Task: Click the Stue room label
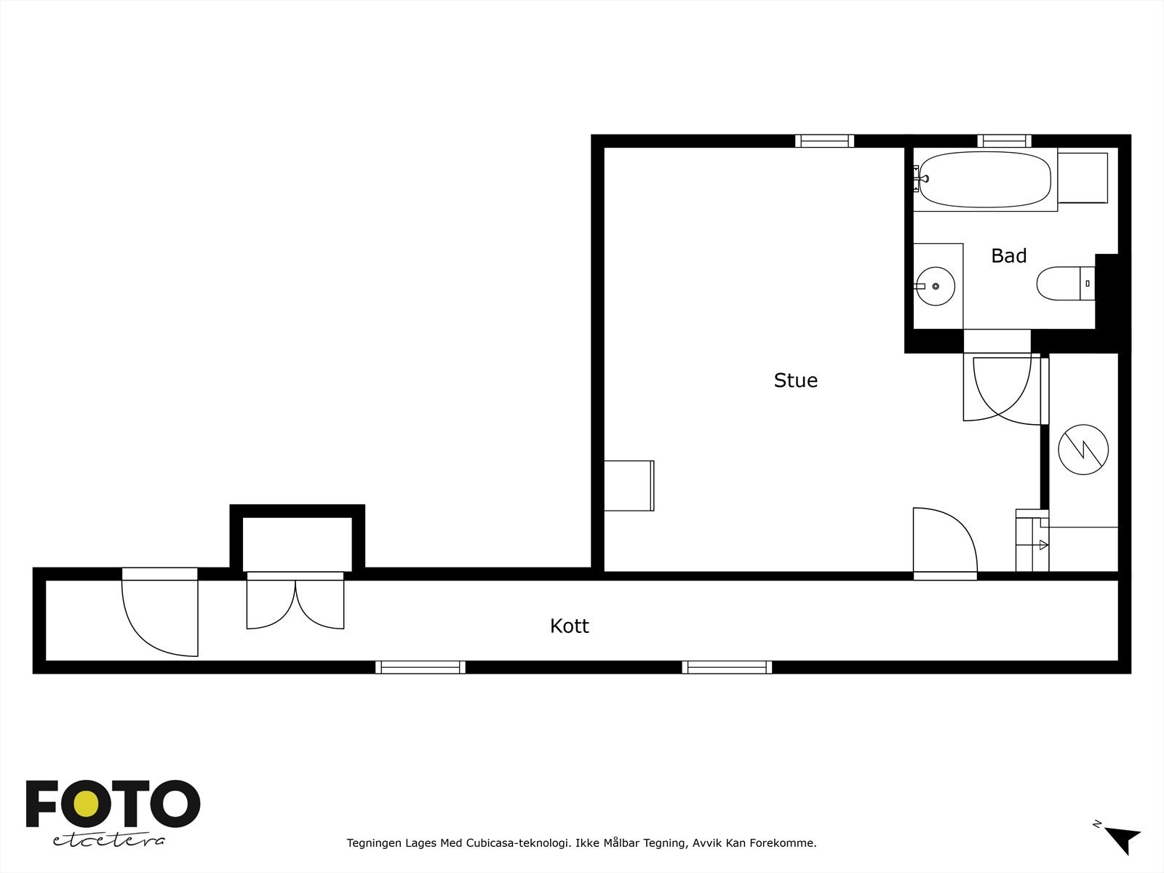point(795,380)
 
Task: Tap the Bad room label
point(1008,256)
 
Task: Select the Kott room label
point(569,626)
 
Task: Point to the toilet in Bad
point(1062,284)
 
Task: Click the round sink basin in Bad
point(936,286)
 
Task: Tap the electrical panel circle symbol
point(1083,450)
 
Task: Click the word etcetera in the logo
point(108,840)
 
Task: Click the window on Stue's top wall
point(824,141)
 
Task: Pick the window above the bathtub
point(1004,141)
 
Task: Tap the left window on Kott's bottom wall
point(420,667)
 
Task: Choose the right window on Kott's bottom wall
point(727,667)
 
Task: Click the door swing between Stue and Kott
point(944,542)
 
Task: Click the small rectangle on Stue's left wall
point(629,485)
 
